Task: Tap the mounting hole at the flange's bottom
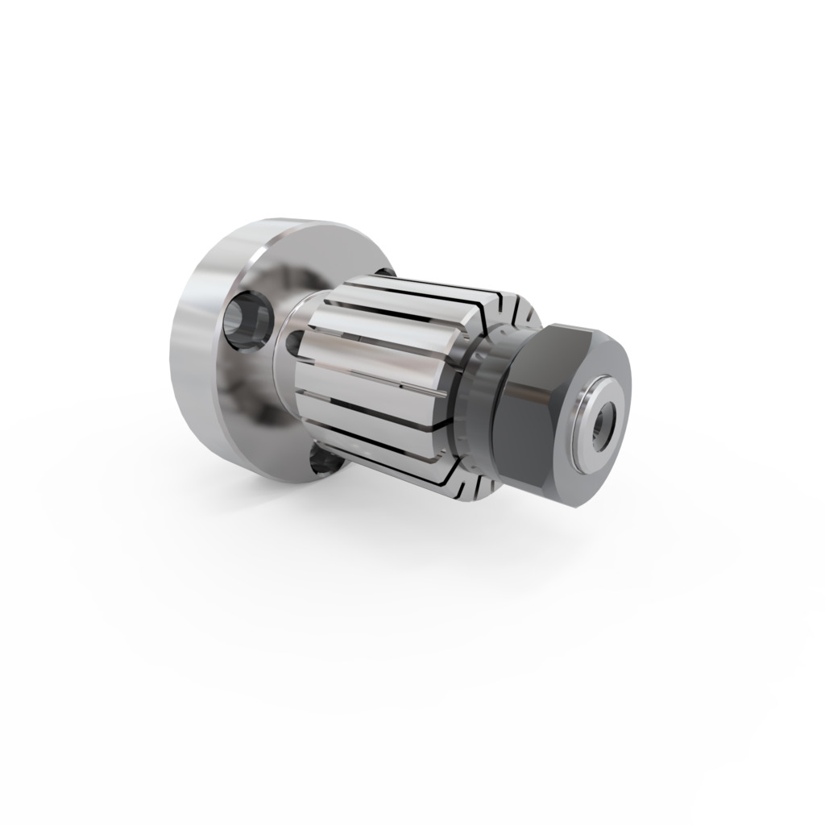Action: [x=322, y=462]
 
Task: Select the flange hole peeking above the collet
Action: [x=385, y=272]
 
